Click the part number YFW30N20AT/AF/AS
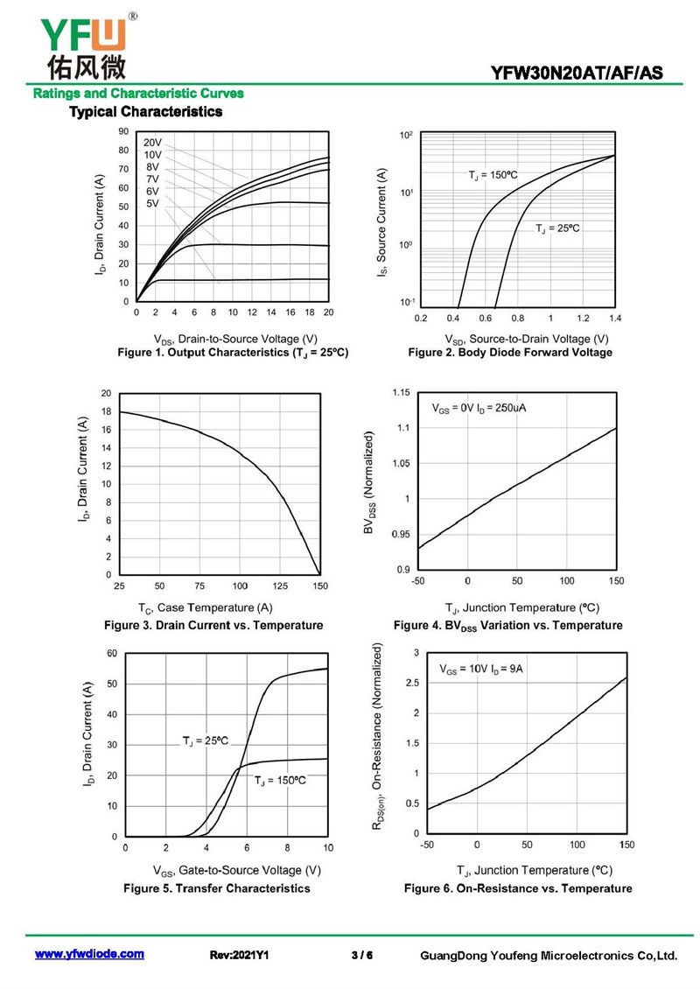(577, 74)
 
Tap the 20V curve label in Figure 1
(152, 143)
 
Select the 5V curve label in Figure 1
(152, 204)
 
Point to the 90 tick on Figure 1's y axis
(123, 131)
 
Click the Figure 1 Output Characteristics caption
(233, 353)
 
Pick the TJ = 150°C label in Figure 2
(493, 175)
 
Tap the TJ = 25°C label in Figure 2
(557, 228)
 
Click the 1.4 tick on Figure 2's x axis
(615, 318)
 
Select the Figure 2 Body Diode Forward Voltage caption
(510, 353)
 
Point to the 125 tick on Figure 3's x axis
(280, 586)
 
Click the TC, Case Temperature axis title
(206, 608)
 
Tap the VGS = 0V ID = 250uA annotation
(479, 408)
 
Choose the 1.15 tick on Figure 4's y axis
(401, 392)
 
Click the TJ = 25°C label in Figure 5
(206, 740)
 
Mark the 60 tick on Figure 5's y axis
(112, 654)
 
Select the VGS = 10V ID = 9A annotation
(481, 669)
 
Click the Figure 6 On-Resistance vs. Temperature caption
(518, 888)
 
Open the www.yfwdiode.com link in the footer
(89, 954)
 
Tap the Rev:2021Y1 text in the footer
(239, 955)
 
